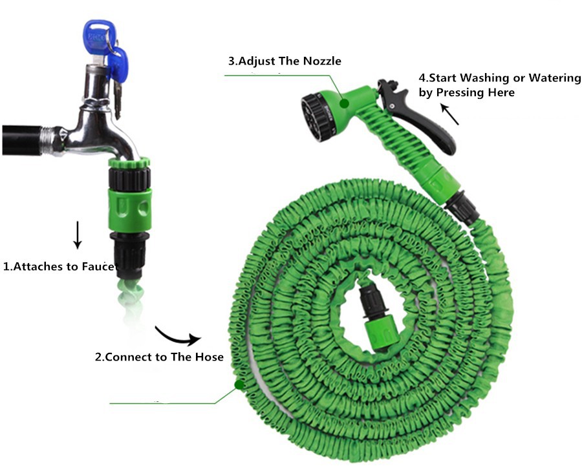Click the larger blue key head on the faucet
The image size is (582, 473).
pyautogui.click(x=97, y=37)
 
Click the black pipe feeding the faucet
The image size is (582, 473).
pyautogui.click(x=21, y=140)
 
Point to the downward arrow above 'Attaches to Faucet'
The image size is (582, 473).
pyautogui.click(x=77, y=235)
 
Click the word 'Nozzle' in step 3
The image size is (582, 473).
pyautogui.click(x=322, y=61)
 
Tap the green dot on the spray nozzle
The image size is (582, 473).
pyautogui.click(x=345, y=103)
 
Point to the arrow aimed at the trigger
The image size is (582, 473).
pyautogui.click(x=449, y=114)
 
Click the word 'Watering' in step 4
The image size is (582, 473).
pyautogui.click(x=555, y=78)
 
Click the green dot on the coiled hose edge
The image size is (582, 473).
pyautogui.click(x=239, y=384)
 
